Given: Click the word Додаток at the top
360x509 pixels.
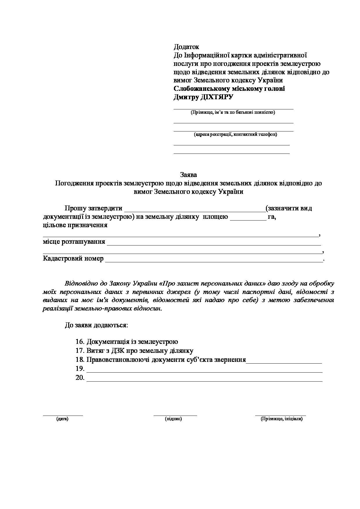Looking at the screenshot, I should point(186,47).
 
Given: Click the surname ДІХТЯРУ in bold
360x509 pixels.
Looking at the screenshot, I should point(217,97).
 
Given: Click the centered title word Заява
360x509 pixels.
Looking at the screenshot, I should point(188,175).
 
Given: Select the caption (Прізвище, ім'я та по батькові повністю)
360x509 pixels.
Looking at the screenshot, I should point(233,112).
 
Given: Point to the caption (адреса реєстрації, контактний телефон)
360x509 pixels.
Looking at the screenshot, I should point(235,134).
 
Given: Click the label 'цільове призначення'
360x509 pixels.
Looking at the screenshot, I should point(75,225).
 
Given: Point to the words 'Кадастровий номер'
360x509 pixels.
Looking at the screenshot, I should point(73,259).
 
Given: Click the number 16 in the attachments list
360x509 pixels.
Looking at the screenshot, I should point(80,342).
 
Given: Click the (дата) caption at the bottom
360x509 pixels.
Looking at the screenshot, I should point(62,419).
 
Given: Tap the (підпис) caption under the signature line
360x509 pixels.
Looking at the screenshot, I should point(173,419).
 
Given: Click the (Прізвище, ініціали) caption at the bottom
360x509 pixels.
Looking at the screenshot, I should point(282,419).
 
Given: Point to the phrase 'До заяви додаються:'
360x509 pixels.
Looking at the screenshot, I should point(96,325).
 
